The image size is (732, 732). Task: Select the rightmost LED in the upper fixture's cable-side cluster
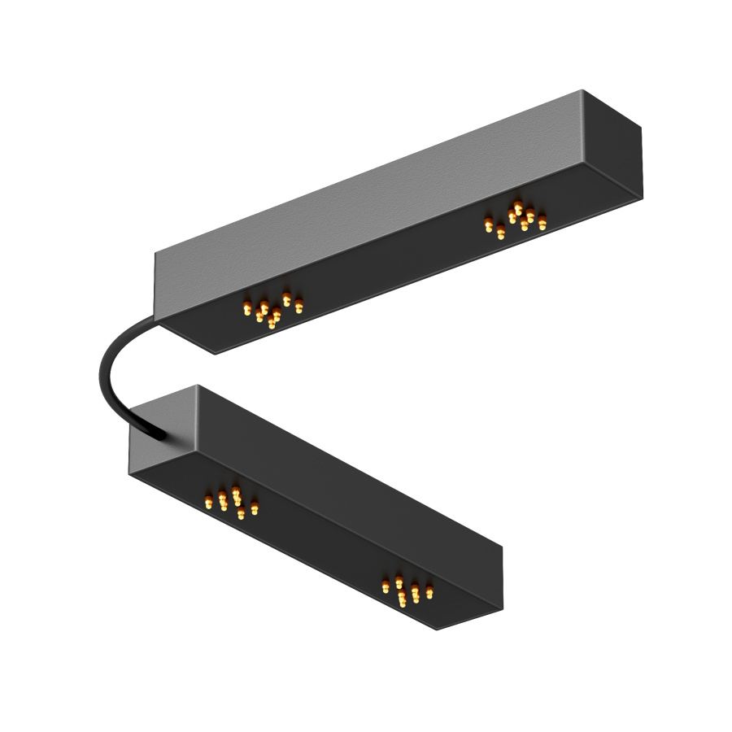(x=299, y=307)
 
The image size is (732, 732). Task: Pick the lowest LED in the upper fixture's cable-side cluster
(x=272, y=324)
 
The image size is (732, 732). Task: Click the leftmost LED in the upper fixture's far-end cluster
(x=489, y=225)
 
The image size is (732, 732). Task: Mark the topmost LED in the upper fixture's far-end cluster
(x=518, y=207)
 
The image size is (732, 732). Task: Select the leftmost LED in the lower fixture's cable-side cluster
(x=209, y=503)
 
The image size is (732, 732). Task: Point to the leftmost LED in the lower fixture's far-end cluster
(x=386, y=587)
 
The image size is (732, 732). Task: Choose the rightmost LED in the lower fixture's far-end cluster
(x=429, y=592)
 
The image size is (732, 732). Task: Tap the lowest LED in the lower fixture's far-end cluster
(x=403, y=603)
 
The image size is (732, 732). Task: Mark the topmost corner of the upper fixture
(x=582, y=90)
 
